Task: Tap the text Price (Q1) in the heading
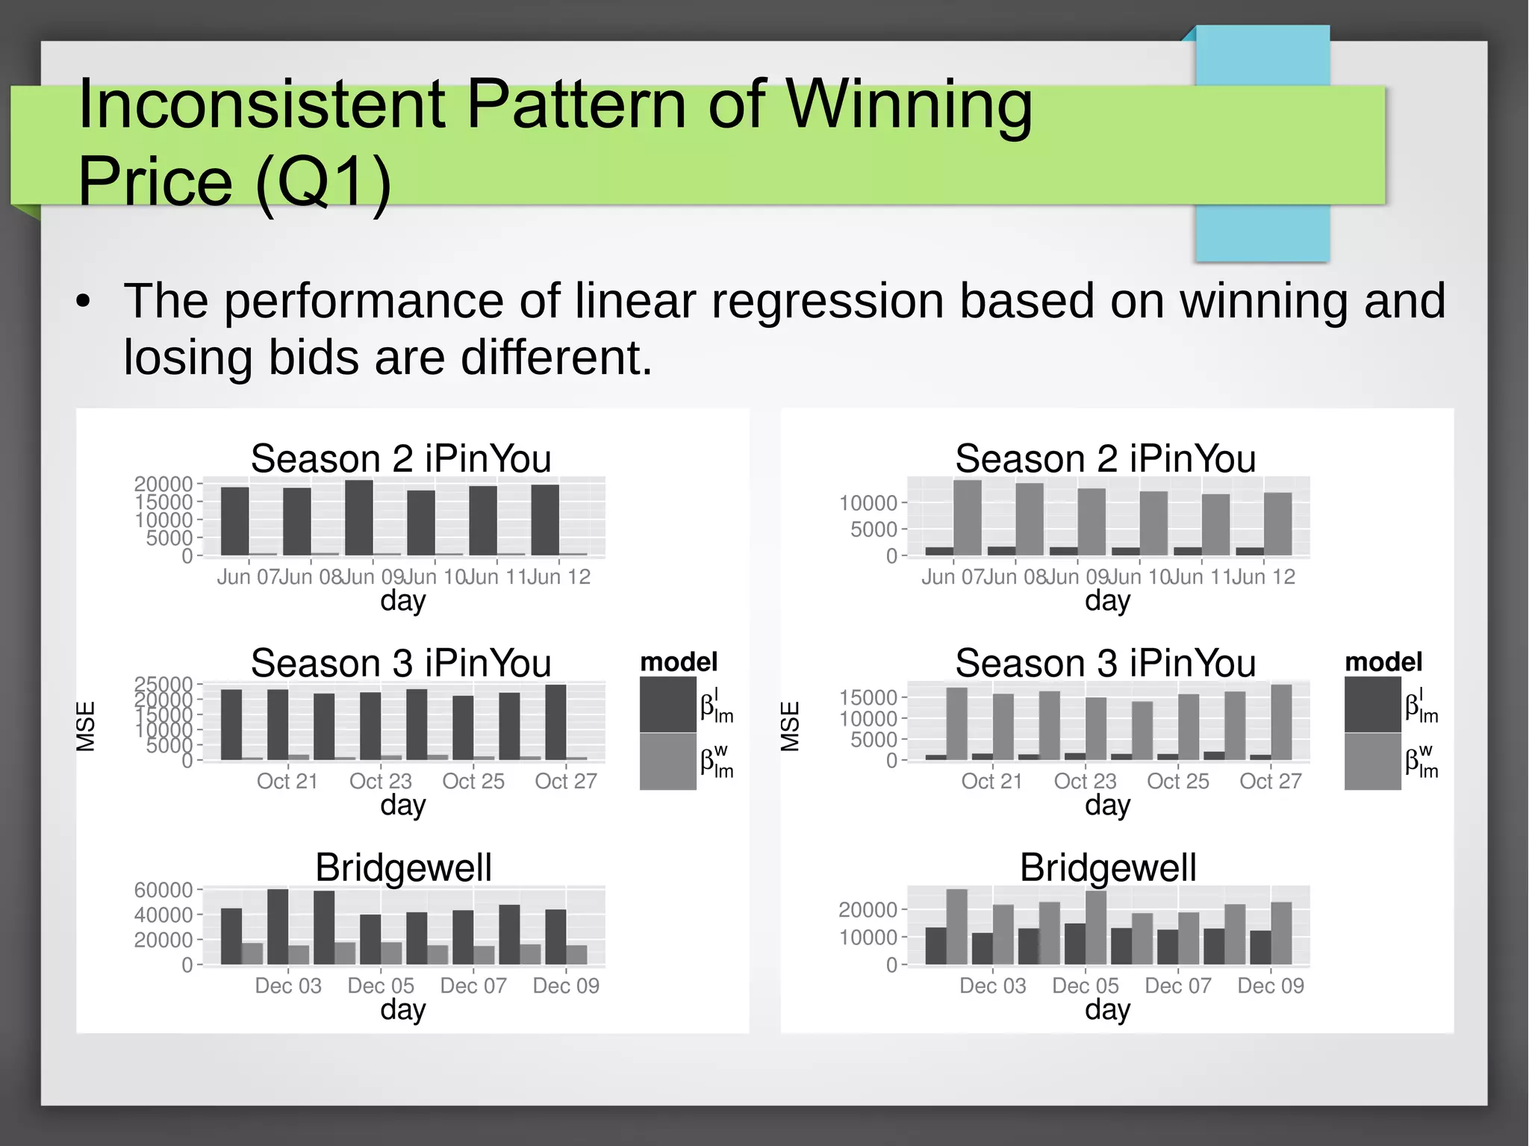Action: pos(234,181)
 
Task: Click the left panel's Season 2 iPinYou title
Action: pos(401,458)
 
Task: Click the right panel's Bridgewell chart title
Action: pos(1108,868)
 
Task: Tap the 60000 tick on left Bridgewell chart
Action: pos(164,890)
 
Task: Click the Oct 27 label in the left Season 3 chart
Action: pos(566,781)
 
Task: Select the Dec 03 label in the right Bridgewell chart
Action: pos(992,985)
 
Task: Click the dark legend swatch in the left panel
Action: pos(667,704)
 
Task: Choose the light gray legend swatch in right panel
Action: pos(1372,762)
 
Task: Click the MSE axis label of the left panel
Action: pos(86,726)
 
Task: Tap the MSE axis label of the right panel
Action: pos(790,726)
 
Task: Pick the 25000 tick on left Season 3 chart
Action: pos(164,684)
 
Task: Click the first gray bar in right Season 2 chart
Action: pos(968,517)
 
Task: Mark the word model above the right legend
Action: pos(1383,661)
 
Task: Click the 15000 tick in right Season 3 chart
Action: pos(868,697)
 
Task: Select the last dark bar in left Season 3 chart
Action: pos(555,722)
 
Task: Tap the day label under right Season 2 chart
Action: pos(1107,600)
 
